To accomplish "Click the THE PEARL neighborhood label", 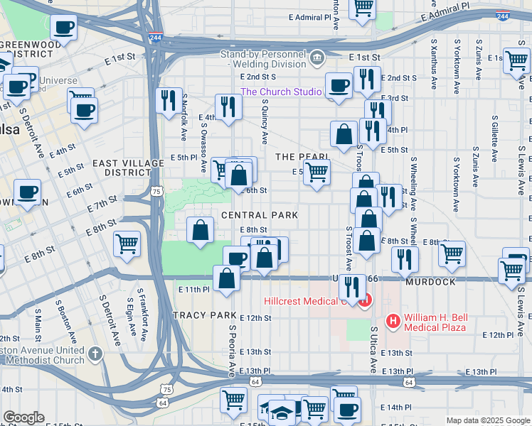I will [x=302, y=156].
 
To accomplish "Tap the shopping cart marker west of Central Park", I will [x=127, y=244].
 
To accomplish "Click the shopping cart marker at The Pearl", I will [x=316, y=171].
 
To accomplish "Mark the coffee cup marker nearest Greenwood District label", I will [x=63, y=28].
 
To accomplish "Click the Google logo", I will [x=23, y=417].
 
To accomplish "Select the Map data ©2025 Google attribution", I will [x=487, y=420].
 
